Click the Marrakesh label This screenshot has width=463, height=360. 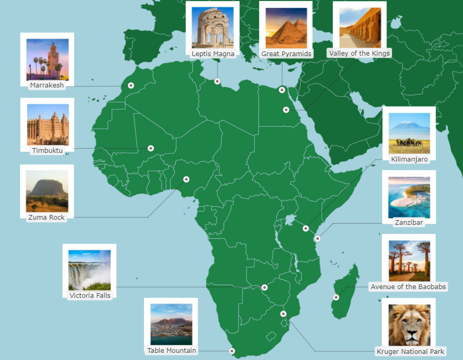(47, 85)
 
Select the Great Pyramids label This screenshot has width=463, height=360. (286, 53)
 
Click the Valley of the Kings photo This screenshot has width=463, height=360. (360, 27)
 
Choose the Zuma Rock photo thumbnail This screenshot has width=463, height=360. (47, 191)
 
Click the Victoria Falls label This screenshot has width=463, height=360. (90, 296)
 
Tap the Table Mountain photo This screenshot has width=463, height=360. (171, 324)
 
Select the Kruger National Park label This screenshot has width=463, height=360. (410, 352)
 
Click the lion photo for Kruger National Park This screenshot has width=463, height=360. (409, 325)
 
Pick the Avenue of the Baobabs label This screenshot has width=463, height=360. (408, 287)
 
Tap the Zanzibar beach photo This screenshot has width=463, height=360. (409, 197)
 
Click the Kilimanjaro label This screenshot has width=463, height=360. (409, 159)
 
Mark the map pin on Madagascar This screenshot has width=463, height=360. (336, 297)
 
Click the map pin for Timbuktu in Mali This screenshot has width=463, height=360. (151, 148)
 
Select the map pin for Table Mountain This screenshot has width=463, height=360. (232, 351)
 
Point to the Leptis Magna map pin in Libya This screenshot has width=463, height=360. (217, 81)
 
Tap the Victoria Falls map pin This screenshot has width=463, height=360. (264, 287)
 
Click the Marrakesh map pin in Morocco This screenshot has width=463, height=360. (131, 85)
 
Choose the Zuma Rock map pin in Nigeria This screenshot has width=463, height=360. (186, 179)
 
